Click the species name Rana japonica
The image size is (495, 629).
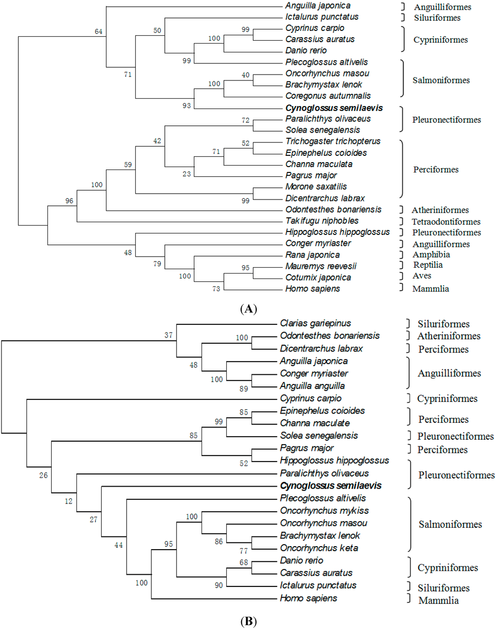[x=312, y=255]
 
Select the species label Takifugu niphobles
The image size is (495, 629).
[x=322, y=221]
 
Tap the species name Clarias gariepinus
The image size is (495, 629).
[x=315, y=323]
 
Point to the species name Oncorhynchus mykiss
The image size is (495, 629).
[x=324, y=511]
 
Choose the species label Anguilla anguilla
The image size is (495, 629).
[x=312, y=386]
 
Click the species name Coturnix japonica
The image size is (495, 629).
[x=318, y=277]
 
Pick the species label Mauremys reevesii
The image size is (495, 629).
[x=320, y=266]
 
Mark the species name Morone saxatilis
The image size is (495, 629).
[x=316, y=187]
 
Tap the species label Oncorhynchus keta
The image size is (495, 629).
[x=319, y=548]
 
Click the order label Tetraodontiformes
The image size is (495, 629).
[x=446, y=222]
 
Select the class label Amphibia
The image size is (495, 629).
[x=431, y=255]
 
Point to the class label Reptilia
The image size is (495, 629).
[x=428, y=265]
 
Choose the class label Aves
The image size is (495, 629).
[x=422, y=276]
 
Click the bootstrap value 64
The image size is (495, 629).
[x=99, y=31]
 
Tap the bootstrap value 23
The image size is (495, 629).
[x=187, y=174]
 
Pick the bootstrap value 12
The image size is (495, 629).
[x=69, y=501]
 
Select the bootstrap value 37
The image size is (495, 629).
[x=168, y=335]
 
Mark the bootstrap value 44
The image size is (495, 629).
[x=118, y=545]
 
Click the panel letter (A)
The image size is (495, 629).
[x=248, y=309]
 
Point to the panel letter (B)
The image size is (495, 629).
[x=248, y=621]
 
